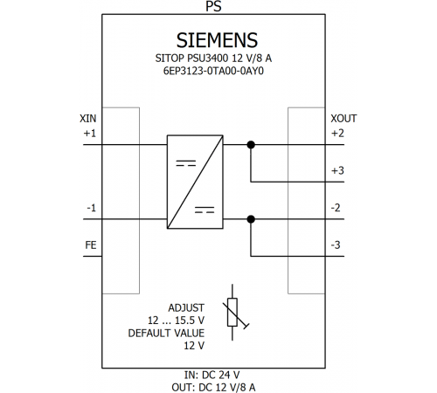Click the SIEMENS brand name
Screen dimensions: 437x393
tap(217, 40)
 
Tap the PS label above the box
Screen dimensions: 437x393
tap(213, 6)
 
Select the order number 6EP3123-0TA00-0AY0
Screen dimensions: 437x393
tap(213, 71)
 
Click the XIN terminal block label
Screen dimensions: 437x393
tap(87, 119)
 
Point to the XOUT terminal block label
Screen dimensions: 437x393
tap(343, 119)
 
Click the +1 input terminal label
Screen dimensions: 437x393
tap(90, 134)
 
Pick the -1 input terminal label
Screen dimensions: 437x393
tap(91, 208)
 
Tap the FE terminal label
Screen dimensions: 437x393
tap(91, 245)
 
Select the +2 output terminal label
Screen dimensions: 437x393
tap(337, 134)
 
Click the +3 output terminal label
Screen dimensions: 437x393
tap(337, 170)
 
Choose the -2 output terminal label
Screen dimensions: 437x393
tap(336, 208)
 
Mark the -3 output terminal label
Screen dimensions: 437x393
tap(336, 245)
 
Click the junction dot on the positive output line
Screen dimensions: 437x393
tap(251, 145)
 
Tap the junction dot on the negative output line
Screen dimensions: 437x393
tap(251, 219)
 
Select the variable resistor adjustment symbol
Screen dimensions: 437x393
tap(232, 312)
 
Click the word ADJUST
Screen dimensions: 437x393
tap(186, 307)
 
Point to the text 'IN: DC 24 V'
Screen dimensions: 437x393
tap(212, 375)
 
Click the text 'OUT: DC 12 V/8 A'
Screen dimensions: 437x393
tap(213, 388)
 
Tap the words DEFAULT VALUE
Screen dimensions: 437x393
tap(166, 333)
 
